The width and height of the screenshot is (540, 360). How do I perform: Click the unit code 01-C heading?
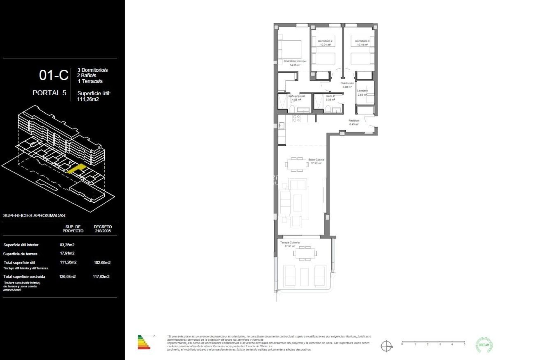click(54, 75)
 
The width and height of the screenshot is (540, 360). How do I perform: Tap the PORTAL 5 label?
click(49, 93)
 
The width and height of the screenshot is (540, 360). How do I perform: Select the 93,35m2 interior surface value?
click(67, 245)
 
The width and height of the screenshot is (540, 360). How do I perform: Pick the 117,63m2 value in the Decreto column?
click(101, 276)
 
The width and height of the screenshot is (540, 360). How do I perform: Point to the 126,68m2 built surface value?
click(67, 276)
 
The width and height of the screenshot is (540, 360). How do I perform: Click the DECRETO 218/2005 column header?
click(103, 229)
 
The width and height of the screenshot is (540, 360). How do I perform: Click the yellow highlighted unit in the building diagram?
click(76, 168)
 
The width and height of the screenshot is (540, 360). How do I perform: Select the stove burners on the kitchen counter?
click(296, 118)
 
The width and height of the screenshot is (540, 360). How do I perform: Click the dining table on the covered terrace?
click(305, 253)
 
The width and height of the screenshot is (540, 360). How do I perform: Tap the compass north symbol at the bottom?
click(386, 346)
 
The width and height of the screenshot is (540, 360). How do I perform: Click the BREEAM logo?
click(484, 345)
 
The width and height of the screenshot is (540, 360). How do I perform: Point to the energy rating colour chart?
click(144, 342)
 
